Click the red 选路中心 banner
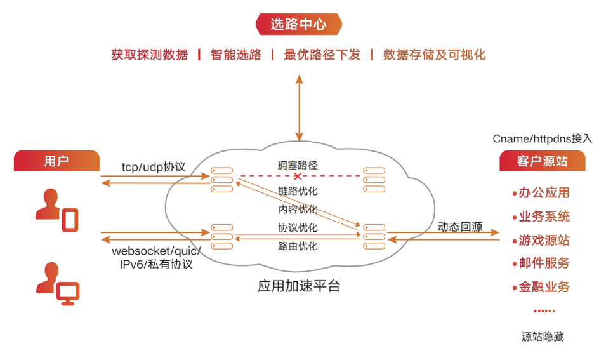(x=298, y=25)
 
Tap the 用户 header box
(x=56, y=161)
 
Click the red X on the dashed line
(x=297, y=176)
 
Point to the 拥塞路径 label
(x=297, y=165)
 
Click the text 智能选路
(x=236, y=55)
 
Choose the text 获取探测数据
(x=150, y=55)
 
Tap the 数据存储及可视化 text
(x=434, y=55)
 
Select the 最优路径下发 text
(x=322, y=55)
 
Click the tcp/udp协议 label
(x=154, y=167)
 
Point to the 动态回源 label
(x=459, y=227)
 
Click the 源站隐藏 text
(x=542, y=337)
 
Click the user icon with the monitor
(x=57, y=284)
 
